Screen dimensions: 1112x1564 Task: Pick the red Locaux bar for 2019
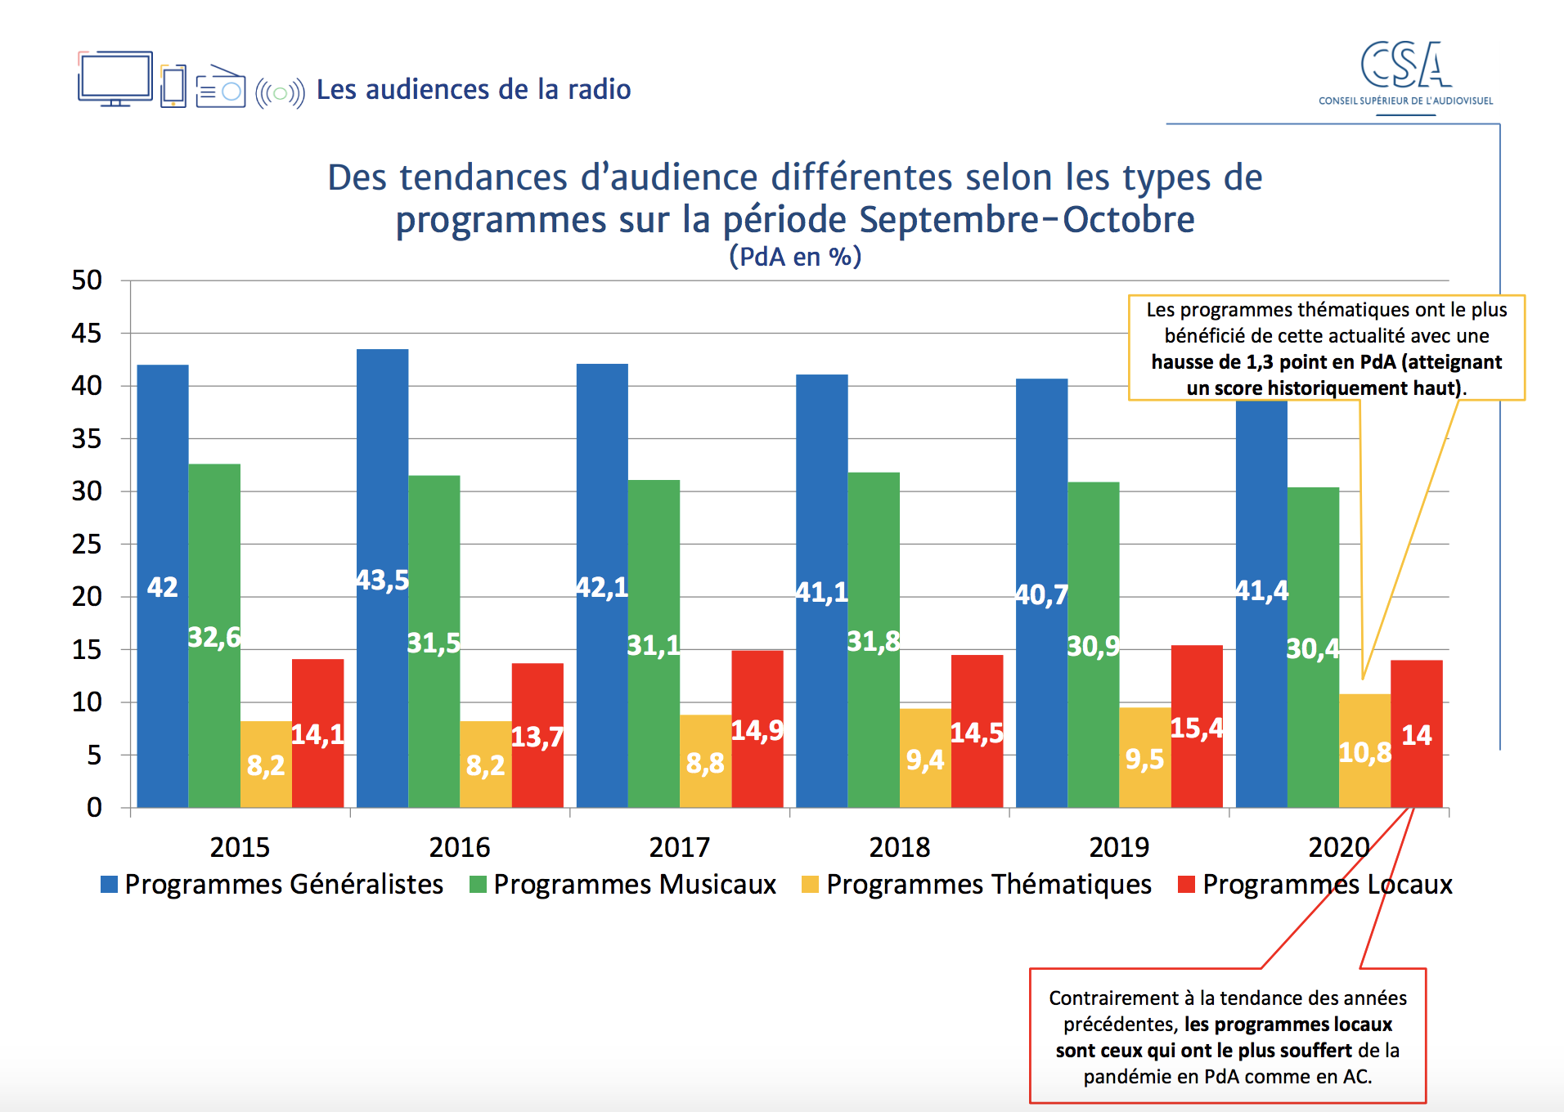(x=1197, y=769)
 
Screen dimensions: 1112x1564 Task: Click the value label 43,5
(x=382, y=581)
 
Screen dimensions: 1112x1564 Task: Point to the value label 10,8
(x=1364, y=752)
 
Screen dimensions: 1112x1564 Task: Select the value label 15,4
(x=1197, y=728)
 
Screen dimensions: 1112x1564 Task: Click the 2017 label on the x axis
(x=679, y=847)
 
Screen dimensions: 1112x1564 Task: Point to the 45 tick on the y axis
(x=87, y=334)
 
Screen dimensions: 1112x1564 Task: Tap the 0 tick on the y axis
(x=94, y=808)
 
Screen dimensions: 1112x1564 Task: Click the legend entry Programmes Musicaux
(x=634, y=885)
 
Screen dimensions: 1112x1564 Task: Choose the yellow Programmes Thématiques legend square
(x=810, y=885)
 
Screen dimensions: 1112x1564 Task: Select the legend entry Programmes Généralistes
(x=283, y=885)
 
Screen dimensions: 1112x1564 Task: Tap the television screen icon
(x=115, y=78)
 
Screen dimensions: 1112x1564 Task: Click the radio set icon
(x=220, y=87)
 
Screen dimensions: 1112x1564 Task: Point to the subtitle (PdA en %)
(x=795, y=257)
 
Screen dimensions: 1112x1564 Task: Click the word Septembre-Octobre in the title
(x=1027, y=219)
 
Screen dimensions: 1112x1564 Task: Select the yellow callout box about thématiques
(x=1326, y=347)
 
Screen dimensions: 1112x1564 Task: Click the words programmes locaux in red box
(x=1288, y=1025)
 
